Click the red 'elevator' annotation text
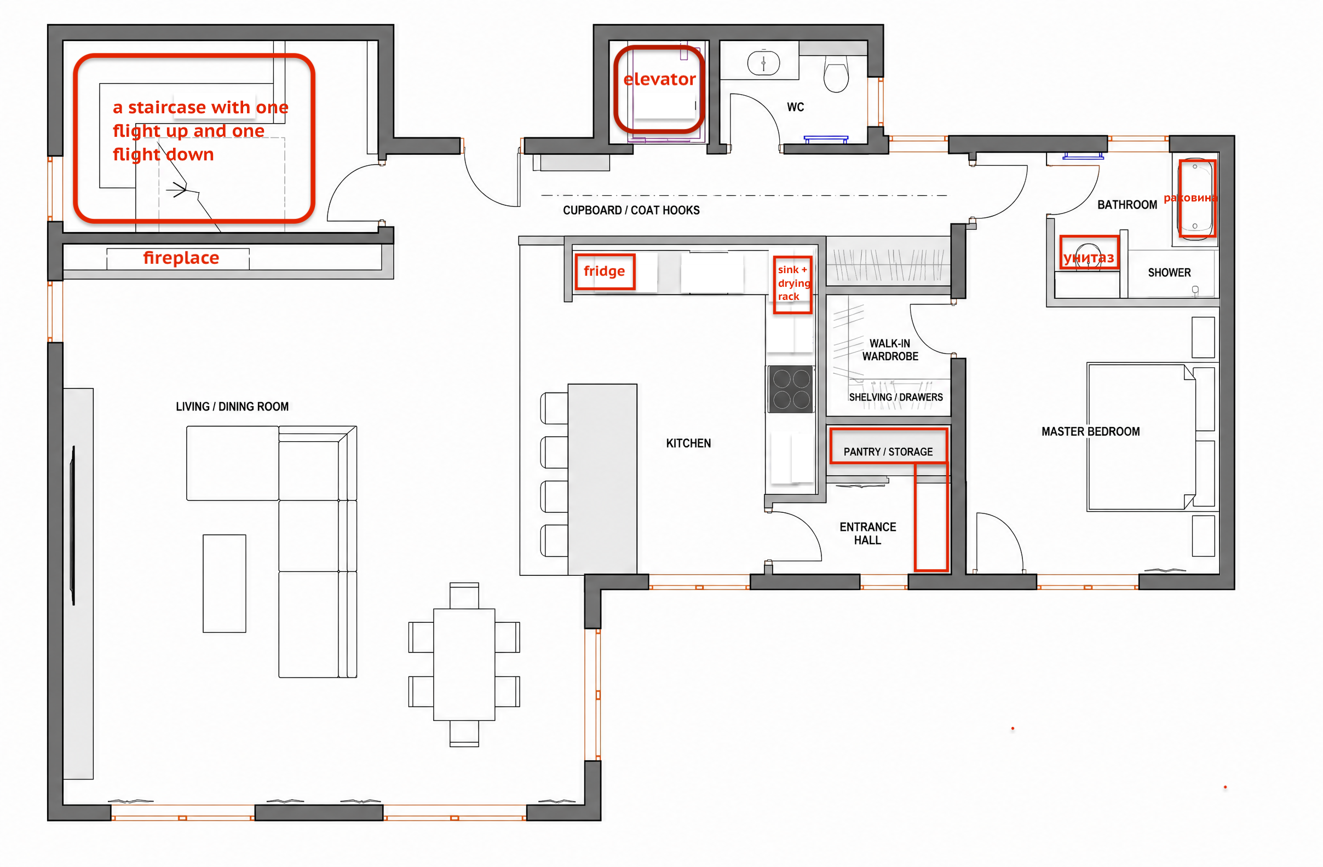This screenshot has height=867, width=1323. [x=659, y=79]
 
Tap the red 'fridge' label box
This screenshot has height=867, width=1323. [x=605, y=272]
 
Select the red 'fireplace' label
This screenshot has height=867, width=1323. [x=181, y=258]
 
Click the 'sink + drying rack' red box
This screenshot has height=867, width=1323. [x=792, y=285]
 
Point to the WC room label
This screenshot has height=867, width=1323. [x=796, y=107]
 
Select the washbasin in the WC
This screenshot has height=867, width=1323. [x=763, y=63]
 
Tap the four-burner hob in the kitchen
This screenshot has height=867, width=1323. [x=791, y=389]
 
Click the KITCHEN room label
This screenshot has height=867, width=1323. [x=688, y=443]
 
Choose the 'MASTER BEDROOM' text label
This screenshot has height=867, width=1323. [x=1091, y=432]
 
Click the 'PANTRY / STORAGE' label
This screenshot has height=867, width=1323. [x=888, y=452]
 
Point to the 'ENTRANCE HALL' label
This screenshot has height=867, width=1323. [x=868, y=534]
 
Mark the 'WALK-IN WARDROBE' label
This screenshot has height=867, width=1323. [x=890, y=350]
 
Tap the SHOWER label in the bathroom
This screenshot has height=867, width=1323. [x=1170, y=273]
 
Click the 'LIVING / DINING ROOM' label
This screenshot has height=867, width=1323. [x=232, y=407]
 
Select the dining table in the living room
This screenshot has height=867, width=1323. [x=464, y=664]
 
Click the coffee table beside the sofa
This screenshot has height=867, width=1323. [x=224, y=583]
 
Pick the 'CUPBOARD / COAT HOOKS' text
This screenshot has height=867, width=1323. [x=631, y=210]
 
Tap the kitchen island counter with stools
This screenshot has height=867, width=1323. [x=602, y=479]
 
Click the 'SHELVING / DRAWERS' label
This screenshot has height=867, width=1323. [x=896, y=397]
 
